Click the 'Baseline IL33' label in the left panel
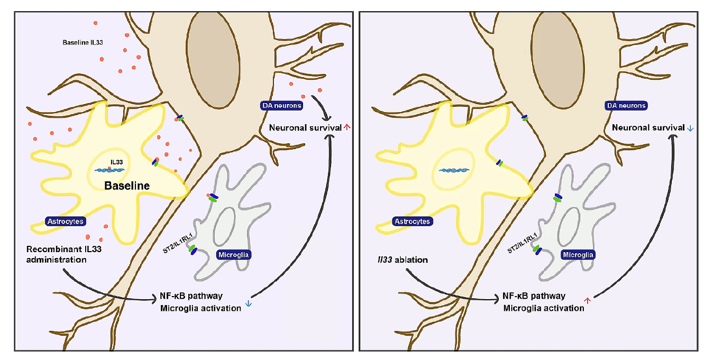click(79, 41)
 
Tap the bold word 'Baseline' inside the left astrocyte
click(127, 186)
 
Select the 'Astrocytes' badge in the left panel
click(66, 221)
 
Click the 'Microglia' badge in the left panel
click(234, 255)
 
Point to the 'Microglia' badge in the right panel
click(578, 255)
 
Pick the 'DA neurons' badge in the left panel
click(282, 106)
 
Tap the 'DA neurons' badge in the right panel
click(627, 106)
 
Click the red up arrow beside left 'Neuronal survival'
click(347, 127)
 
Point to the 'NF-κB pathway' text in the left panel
click(191, 296)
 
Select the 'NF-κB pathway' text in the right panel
click(535, 296)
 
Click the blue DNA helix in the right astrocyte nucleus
click(454, 171)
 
